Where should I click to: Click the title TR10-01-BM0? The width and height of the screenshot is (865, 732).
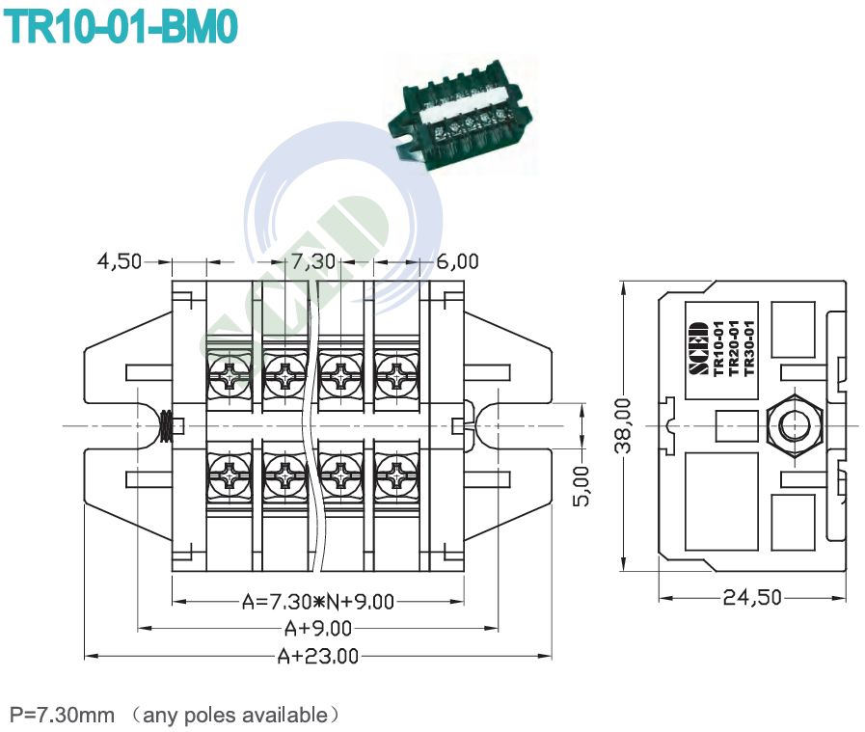pyautogui.click(x=120, y=27)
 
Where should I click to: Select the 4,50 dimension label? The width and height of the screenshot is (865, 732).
pyautogui.click(x=119, y=261)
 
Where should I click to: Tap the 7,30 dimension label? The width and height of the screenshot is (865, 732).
pyautogui.click(x=314, y=261)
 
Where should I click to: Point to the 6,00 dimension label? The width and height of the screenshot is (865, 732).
pyautogui.click(x=456, y=261)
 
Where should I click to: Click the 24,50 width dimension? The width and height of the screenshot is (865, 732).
pyautogui.click(x=752, y=597)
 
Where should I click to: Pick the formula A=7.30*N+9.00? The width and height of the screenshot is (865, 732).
pyautogui.click(x=318, y=602)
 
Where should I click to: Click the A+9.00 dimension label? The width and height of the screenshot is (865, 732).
pyautogui.click(x=318, y=629)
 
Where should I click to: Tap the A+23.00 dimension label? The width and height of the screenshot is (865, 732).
pyautogui.click(x=318, y=657)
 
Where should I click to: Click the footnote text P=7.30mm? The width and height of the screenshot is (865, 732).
pyautogui.click(x=62, y=715)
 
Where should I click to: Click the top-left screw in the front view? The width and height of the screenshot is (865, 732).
pyautogui.click(x=230, y=375)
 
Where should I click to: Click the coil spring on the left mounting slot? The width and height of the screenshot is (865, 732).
pyautogui.click(x=167, y=425)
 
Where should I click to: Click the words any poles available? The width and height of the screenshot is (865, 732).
pyautogui.click(x=235, y=715)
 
